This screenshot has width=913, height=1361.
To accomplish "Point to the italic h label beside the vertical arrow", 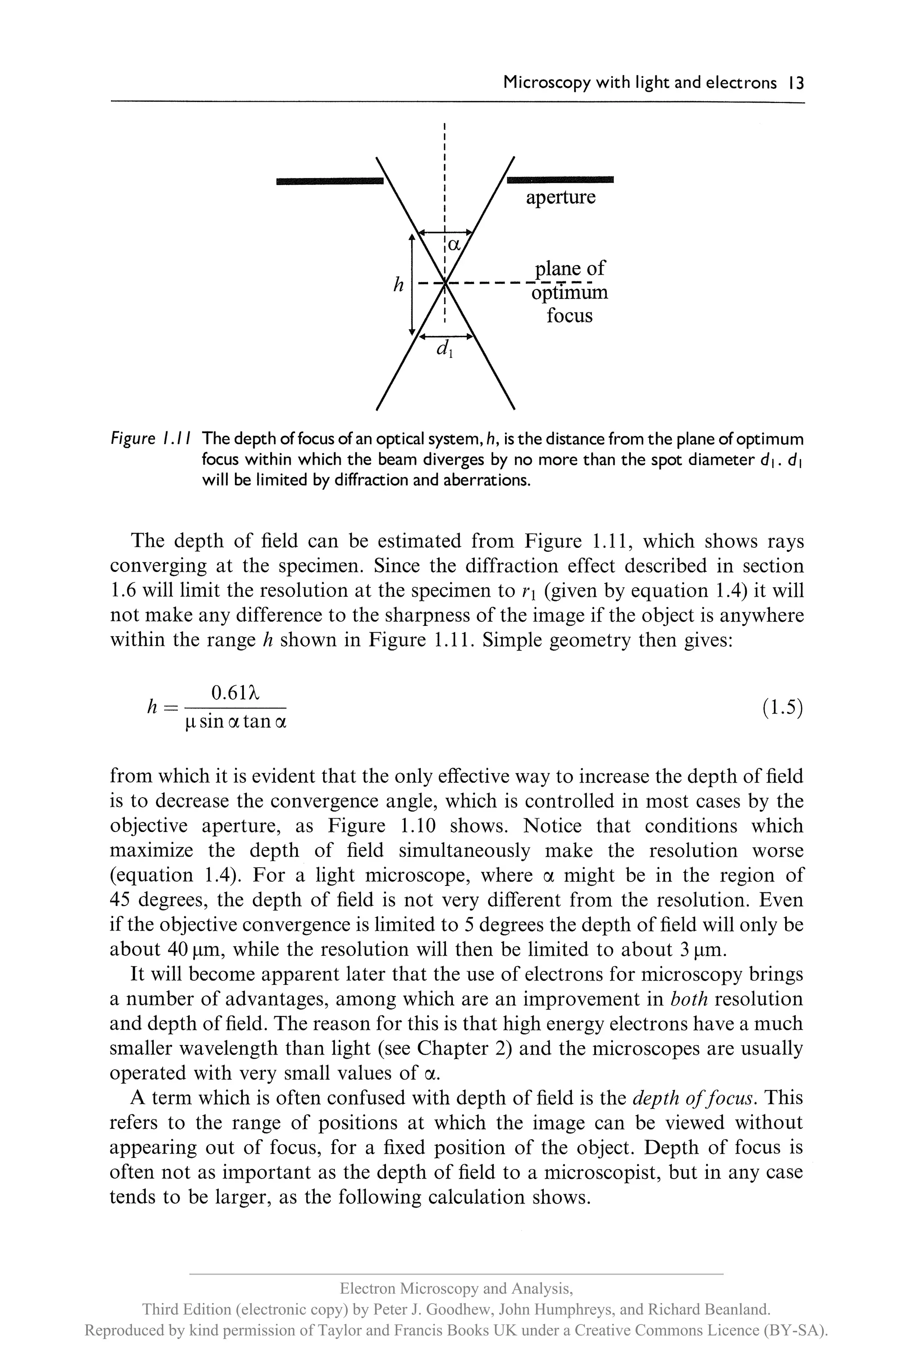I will (x=398, y=285).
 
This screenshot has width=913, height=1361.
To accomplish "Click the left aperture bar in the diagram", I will (x=329, y=181).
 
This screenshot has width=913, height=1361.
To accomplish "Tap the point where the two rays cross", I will (x=445, y=284).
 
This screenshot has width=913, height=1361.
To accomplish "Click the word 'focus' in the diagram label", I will (x=569, y=316).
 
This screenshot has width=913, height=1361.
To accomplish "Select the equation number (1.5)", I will (x=782, y=707).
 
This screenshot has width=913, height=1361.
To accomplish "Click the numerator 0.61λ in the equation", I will (x=234, y=693).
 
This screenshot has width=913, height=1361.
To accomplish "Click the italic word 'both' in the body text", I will (x=689, y=999).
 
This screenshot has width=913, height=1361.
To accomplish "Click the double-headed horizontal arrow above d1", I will (x=445, y=336).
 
